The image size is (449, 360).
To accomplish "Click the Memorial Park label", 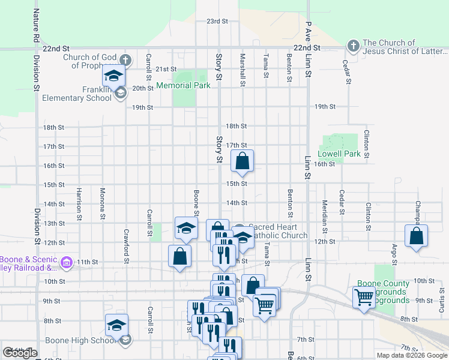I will tap(183, 86).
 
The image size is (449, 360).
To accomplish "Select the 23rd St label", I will tap(217, 21).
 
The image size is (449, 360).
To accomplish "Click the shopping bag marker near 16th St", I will tap(242, 161).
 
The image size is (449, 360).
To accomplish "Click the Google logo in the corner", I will tap(20, 353).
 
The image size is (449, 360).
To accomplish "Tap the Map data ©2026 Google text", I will tap(411, 355).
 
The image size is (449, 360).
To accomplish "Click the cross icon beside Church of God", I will tap(125, 59).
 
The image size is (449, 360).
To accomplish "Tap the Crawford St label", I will tap(126, 246).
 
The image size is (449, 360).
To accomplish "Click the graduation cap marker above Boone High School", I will tap(116, 326).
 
